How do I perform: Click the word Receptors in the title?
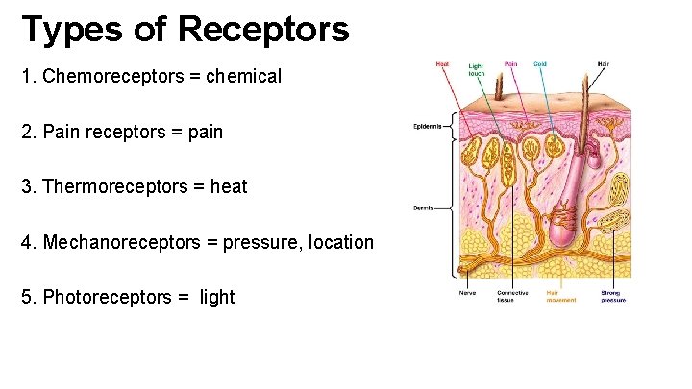(263, 30)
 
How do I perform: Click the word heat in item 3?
(228, 186)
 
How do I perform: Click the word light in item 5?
(217, 297)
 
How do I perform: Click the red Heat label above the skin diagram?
(442, 64)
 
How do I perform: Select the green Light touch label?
(477, 69)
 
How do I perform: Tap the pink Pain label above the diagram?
(510, 64)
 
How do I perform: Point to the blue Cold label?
(540, 64)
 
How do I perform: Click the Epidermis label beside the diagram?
(427, 126)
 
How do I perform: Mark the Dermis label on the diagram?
(423, 207)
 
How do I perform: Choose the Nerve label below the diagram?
(468, 293)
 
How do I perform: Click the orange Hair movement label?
(561, 296)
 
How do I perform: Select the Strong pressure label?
(613, 296)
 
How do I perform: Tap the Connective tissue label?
(512, 296)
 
